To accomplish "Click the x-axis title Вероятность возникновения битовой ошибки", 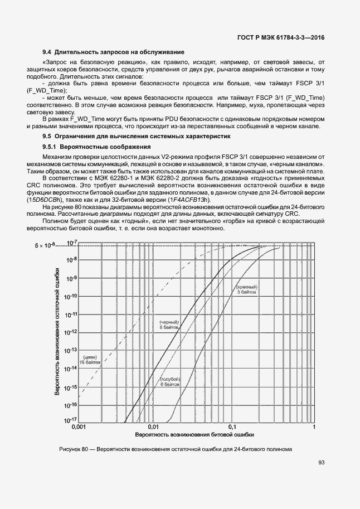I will [195, 434].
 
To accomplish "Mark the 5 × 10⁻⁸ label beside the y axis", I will [46, 245].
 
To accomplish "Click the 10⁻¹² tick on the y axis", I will [71, 332].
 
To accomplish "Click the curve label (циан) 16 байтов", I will [91, 360].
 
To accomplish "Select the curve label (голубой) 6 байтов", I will [169, 382].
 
